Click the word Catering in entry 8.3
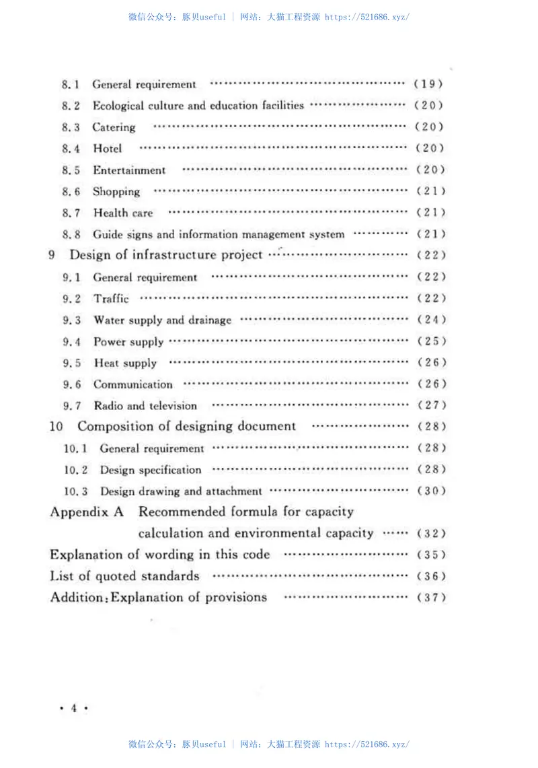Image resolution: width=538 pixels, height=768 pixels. coord(114,127)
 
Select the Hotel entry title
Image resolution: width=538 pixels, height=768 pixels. coord(108,149)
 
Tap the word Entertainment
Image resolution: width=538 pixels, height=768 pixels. coord(129,170)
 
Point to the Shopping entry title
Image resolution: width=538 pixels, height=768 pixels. coord(116,192)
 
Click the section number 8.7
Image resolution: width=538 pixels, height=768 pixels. coord(71,213)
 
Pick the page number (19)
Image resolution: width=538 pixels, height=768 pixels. coord(428,84)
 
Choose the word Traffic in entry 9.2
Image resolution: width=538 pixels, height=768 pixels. coord(111,298)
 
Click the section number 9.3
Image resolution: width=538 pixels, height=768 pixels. coord(72,320)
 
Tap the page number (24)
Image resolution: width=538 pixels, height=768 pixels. coord(431,320)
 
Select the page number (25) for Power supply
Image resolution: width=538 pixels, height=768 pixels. coord(431,341)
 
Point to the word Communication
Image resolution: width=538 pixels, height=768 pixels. coord(133,384)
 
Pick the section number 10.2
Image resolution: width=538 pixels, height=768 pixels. coord(76,470)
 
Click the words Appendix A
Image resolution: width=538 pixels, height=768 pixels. coord(87,512)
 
